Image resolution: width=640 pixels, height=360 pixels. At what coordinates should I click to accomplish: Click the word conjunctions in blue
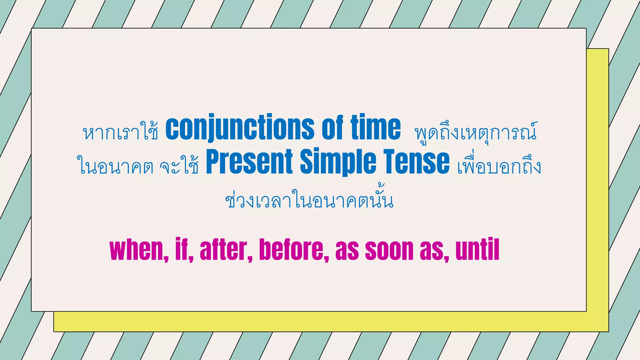point(240,128)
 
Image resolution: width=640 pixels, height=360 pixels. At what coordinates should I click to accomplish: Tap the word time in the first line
point(376,128)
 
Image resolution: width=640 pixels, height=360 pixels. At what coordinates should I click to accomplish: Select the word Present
point(249,162)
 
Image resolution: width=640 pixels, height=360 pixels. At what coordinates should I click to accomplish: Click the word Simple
point(338,162)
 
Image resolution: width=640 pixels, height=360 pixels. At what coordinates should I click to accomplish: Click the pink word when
point(137,250)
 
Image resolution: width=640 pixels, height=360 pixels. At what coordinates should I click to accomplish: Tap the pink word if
point(183,250)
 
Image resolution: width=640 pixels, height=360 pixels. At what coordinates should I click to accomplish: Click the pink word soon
point(389,250)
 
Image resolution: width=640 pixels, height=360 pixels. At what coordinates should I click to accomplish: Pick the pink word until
point(477,250)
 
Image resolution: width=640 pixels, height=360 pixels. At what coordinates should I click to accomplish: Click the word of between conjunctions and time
point(332,128)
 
